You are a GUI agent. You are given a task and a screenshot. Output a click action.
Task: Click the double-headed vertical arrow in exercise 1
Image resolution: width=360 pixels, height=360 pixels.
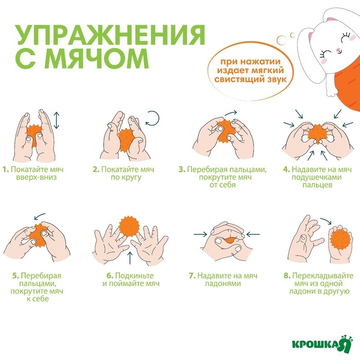pyautogui.click(x=57, y=122)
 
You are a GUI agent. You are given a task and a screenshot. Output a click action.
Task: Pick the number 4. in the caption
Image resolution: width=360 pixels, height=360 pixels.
pyautogui.click(x=286, y=169)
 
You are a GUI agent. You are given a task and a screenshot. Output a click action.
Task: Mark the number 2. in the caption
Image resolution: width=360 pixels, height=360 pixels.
pyautogui.click(x=96, y=169)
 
